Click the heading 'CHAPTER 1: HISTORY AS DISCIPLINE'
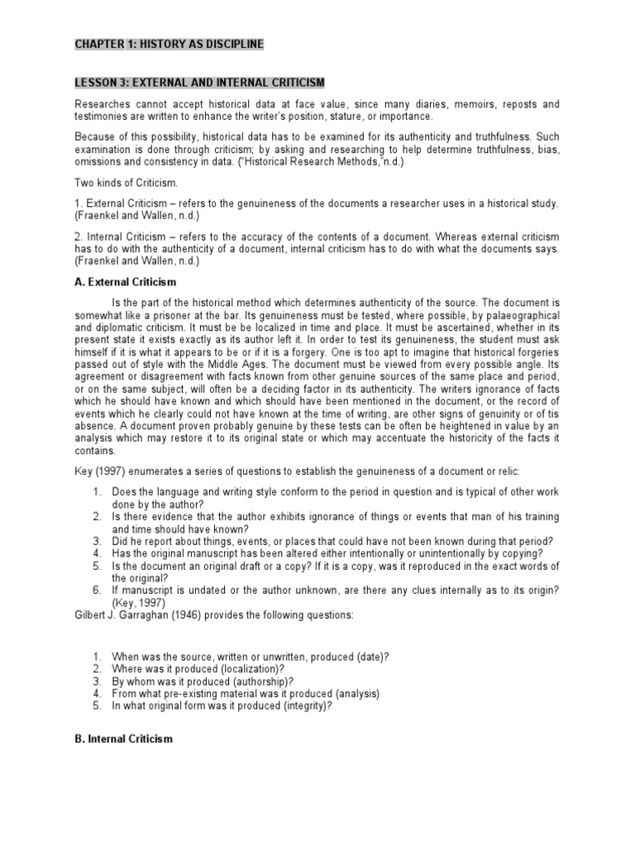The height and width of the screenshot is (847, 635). pyautogui.click(x=169, y=44)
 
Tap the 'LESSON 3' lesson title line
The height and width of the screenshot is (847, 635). pyautogui.click(x=199, y=83)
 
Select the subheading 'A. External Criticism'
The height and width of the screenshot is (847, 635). pyautogui.click(x=125, y=282)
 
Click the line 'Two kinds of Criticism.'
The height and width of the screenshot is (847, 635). pyautogui.click(x=126, y=181)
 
